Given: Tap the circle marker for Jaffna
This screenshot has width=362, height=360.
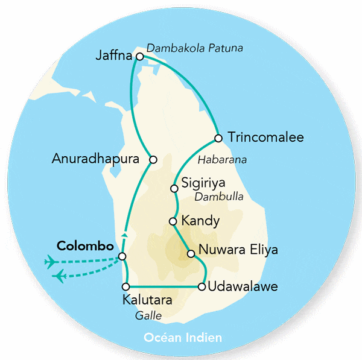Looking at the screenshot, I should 140,57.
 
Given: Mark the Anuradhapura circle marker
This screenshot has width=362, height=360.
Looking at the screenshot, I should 153,160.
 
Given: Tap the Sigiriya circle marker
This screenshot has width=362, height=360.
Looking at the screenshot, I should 174,189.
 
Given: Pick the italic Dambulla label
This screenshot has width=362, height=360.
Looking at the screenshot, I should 219,197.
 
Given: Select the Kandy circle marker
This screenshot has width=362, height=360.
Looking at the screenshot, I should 173,221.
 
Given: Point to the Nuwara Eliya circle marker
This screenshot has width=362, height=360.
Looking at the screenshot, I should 191,254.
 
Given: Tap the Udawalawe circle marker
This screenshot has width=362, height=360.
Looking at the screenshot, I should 202,286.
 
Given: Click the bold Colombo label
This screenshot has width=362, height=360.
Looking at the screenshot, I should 84,247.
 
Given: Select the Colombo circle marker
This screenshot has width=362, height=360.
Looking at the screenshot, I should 122,257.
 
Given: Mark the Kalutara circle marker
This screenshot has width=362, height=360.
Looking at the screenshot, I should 126,286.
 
